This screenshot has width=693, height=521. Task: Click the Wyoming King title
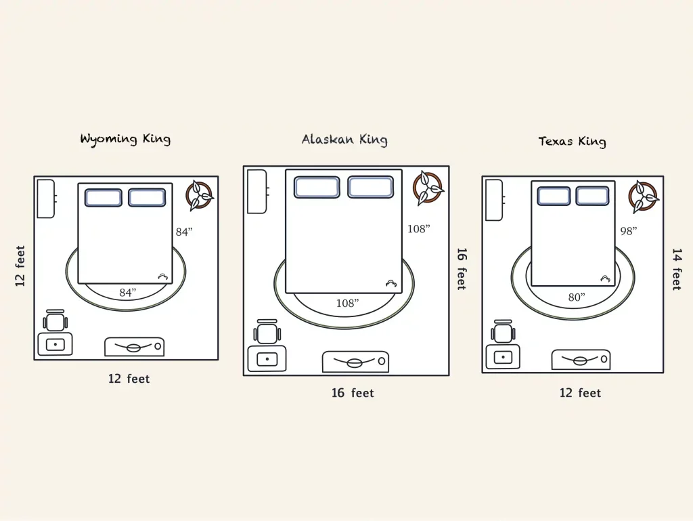tap(125, 140)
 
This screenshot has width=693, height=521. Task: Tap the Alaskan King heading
tap(344, 140)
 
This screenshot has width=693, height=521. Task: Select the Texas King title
tap(572, 142)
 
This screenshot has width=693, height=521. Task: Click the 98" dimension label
tap(629, 231)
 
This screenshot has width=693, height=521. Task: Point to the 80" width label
tap(577, 297)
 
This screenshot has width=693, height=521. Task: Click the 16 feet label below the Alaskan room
tap(353, 393)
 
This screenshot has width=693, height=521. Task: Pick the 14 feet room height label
tap(676, 269)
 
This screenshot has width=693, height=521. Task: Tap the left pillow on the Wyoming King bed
tap(104, 197)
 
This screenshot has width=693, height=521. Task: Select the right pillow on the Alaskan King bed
tap(370, 187)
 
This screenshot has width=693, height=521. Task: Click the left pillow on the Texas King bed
tap(554, 196)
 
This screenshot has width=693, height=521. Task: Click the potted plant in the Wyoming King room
tap(200, 194)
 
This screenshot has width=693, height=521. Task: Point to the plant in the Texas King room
tap(642, 196)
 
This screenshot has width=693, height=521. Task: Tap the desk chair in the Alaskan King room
tap(267, 332)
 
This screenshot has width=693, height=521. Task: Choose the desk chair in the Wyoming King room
tap(55, 320)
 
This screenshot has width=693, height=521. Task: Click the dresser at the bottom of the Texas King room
tap(580, 360)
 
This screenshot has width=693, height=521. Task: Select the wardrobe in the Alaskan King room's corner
tap(257, 192)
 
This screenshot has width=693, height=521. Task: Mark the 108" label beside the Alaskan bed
tap(418, 229)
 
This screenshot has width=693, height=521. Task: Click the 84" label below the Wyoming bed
tap(127, 293)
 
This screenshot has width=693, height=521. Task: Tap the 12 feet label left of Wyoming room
tap(20, 266)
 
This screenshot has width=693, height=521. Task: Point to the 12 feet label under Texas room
tap(580, 393)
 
